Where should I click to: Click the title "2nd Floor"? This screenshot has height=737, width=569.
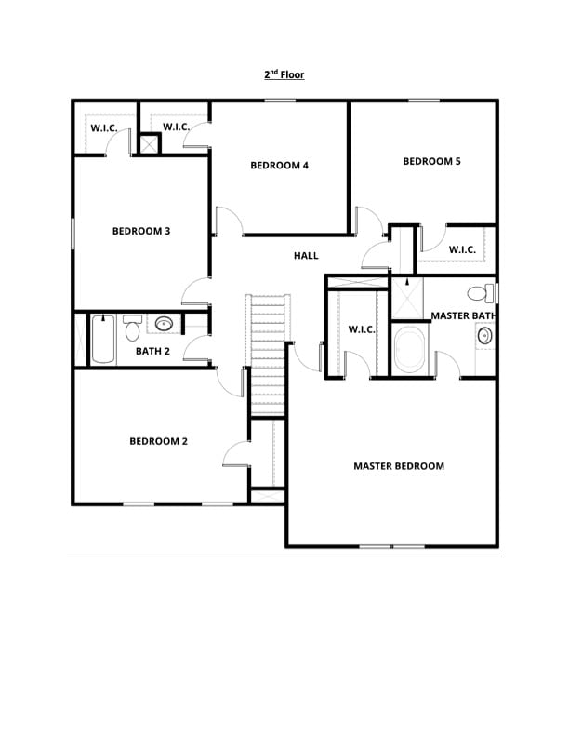tap(284, 74)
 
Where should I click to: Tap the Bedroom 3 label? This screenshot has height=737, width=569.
tap(140, 231)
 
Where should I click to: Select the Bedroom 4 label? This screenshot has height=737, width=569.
tap(279, 166)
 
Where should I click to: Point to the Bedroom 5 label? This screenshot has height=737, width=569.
tap(431, 161)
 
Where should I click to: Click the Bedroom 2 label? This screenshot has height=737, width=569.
tap(158, 441)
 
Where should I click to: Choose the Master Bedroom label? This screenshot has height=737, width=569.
tap(399, 466)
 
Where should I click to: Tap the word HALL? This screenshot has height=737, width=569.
tap(306, 256)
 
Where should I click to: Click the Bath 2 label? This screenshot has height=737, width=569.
tap(152, 351)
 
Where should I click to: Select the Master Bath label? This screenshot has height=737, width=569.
tap(463, 316)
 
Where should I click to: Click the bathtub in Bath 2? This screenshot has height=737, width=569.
tap(103, 341)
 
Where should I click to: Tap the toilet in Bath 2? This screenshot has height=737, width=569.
tap(132, 328)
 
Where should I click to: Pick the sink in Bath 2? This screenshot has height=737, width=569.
tap(165, 325)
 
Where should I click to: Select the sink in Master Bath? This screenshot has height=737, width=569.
tap(485, 336)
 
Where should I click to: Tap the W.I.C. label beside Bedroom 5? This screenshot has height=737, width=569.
tap(462, 249)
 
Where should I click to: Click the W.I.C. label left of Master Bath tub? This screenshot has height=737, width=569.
tap(361, 329)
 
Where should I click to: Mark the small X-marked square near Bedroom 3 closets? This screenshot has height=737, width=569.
tap(149, 144)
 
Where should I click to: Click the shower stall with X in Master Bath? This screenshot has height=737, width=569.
tap(405, 298)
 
